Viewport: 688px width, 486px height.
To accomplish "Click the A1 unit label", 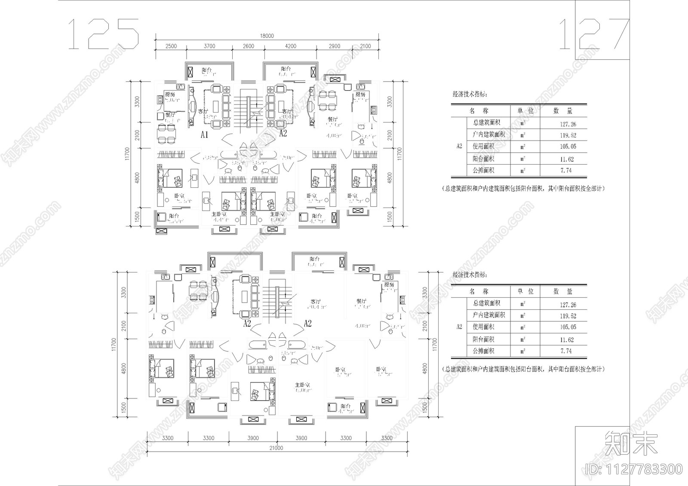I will point(204,134).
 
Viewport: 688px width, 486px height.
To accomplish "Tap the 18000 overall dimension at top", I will point(267,36).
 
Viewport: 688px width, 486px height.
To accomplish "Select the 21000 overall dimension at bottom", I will point(276,448).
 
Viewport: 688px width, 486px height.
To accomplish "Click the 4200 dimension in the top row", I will point(291,46).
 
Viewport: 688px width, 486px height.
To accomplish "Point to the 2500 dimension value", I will point(171,46).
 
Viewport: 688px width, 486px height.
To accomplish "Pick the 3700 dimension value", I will point(209,46).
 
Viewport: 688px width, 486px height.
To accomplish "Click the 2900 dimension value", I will point(334,46).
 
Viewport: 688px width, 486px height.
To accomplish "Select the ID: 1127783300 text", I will point(634,469).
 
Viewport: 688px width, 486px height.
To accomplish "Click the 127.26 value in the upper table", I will point(568,124).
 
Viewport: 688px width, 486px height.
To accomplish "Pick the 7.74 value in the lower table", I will point(566,351).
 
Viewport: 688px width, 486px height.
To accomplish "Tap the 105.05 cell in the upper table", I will point(568,147).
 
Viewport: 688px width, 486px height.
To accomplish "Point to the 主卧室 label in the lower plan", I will point(302,385).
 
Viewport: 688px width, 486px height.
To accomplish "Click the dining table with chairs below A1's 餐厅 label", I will point(167,133).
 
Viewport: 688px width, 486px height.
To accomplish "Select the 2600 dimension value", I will point(248,46).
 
